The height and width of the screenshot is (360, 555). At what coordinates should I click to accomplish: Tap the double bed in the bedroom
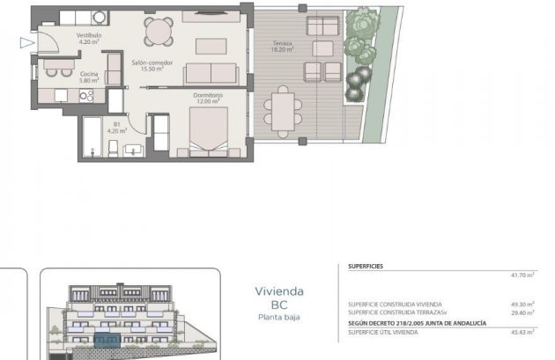point(212,132)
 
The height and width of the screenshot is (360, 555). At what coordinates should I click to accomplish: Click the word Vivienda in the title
point(279,290)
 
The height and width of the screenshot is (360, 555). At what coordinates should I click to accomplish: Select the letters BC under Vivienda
point(279,305)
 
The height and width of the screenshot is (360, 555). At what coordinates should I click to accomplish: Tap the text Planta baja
point(279,317)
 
